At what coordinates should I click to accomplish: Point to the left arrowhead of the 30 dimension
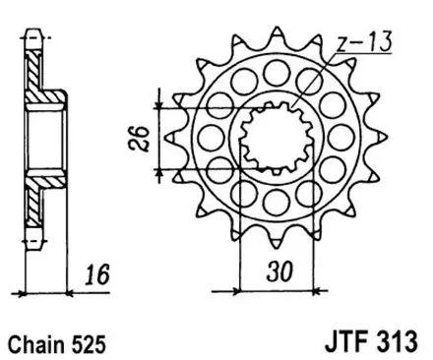click(x=243, y=290)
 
